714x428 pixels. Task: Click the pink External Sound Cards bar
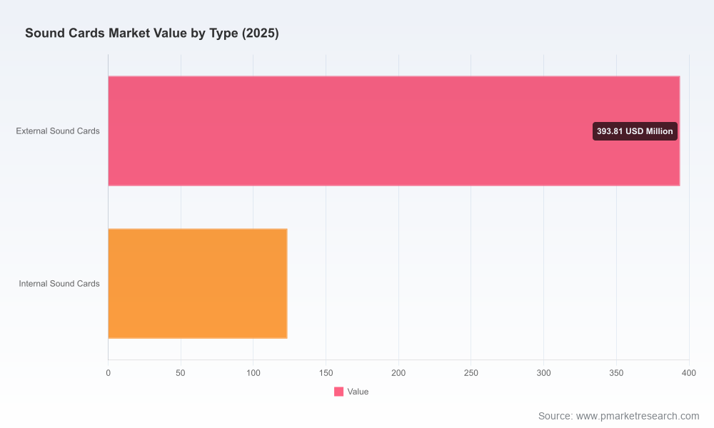click(394, 131)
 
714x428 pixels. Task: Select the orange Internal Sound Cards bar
click(198, 283)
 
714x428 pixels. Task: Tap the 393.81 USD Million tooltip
click(635, 131)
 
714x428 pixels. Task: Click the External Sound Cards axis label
click(58, 131)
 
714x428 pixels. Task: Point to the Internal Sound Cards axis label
click(59, 284)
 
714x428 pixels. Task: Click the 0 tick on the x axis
click(108, 373)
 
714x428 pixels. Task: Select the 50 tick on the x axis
click(181, 373)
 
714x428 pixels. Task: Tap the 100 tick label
click(253, 373)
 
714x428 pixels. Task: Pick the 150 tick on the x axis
click(326, 373)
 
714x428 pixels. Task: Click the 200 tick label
click(398, 373)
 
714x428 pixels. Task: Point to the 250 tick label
click(471, 373)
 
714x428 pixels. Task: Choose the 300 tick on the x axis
click(543, 373)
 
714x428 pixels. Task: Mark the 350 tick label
click(616, 373)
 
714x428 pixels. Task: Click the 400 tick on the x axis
click(689, 373)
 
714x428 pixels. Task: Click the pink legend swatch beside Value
click(338, 392)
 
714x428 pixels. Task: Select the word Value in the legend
click(358, 392)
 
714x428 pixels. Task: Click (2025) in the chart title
click(260, 34)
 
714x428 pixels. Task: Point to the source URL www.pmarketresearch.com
click(638, 416)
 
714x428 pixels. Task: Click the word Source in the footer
click(555, 416)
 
